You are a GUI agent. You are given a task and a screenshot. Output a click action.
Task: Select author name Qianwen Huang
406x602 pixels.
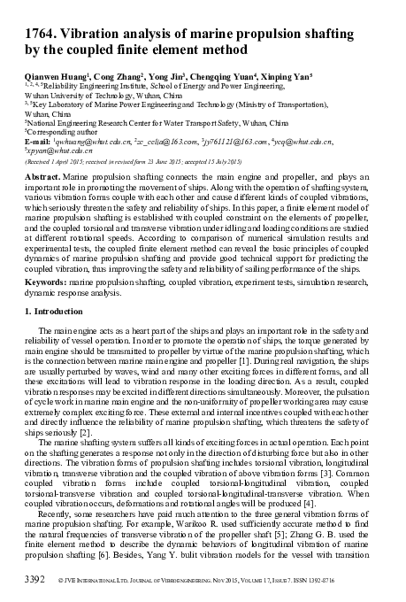pyautogui.click(x=58, y=77)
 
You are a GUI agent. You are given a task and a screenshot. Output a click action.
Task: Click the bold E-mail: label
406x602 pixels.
pyautogui.click(x=39, y=141)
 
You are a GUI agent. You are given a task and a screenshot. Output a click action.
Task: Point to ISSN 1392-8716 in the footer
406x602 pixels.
pyautogui.click(x=352, y=584)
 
